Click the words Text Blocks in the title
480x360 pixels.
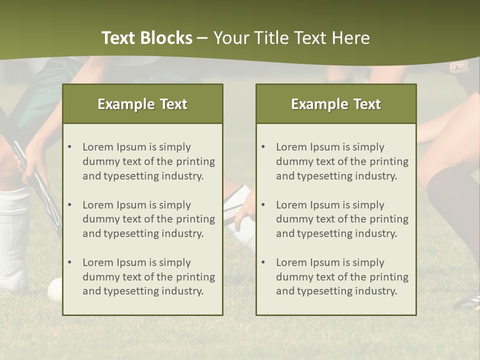tap(146, 38)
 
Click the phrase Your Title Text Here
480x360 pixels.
tap(291, 38)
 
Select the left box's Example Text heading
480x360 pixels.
tap(142, 104)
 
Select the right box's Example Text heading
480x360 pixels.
tap(336, 104)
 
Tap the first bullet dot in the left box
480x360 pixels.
tap(69, 147)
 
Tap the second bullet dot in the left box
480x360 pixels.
tap(69, 205)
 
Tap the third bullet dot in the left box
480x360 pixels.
tap(69, 262)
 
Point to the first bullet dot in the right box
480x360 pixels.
tap(263, 147)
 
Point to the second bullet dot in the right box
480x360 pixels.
tap(263, 205)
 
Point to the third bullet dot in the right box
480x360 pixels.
tap(263, 262)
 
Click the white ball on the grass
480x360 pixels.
tap(54, 289)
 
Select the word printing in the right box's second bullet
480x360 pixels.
tap(388, 219)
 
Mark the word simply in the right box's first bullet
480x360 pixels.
tap(368, 147)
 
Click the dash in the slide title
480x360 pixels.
tap(202, 38)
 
